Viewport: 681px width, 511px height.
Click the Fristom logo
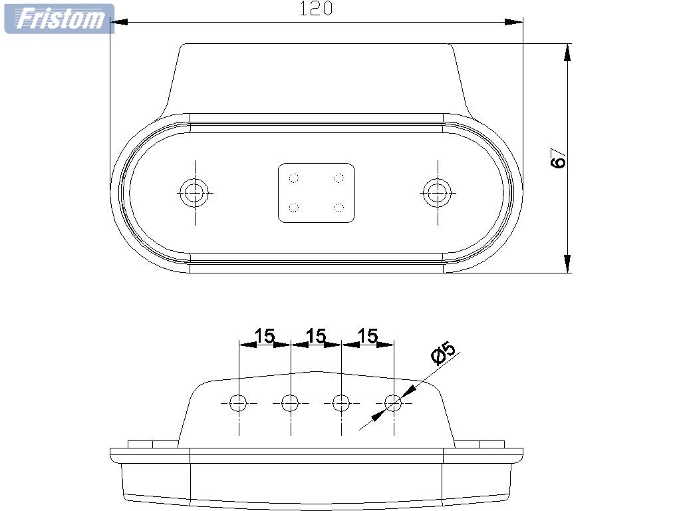(59, 19)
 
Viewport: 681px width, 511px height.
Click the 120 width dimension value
(316, 9)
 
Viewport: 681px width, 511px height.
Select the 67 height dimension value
(559, 158)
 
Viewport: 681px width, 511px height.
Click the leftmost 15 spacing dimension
(265, 336)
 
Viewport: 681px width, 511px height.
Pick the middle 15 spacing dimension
(316, 336)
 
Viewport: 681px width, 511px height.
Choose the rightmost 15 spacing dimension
(367, 336)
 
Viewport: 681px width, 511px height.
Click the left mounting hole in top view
(195, 193)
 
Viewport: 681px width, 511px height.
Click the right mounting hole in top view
(437, 193)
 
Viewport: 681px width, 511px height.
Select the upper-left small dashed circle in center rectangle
(293, 178)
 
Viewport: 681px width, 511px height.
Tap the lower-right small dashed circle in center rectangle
(339, 208)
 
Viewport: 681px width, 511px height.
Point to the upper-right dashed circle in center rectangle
(339, 178)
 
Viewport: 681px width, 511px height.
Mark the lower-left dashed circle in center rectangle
(293, 208)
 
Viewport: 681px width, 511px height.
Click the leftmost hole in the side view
(238, 403)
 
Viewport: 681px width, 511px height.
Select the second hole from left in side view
(290, 403)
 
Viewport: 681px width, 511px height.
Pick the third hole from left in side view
(341, 403)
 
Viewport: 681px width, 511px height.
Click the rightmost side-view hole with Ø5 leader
(393, 403)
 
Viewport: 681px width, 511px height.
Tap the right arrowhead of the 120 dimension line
(515, 22)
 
